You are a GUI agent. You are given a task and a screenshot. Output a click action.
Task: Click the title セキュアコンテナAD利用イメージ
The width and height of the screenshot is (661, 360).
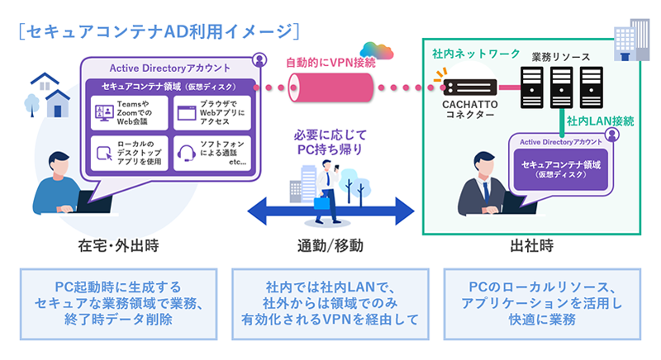(158, 31)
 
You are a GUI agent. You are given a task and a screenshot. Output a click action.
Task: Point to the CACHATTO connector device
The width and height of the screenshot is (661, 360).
(466, 87)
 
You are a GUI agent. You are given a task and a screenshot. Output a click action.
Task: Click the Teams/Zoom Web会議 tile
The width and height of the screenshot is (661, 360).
(131, 113)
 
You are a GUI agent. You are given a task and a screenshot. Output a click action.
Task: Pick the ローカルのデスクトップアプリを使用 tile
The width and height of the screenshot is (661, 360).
(131, 154)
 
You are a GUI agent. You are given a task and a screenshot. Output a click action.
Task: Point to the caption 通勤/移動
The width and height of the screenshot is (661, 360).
(330, 246)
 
